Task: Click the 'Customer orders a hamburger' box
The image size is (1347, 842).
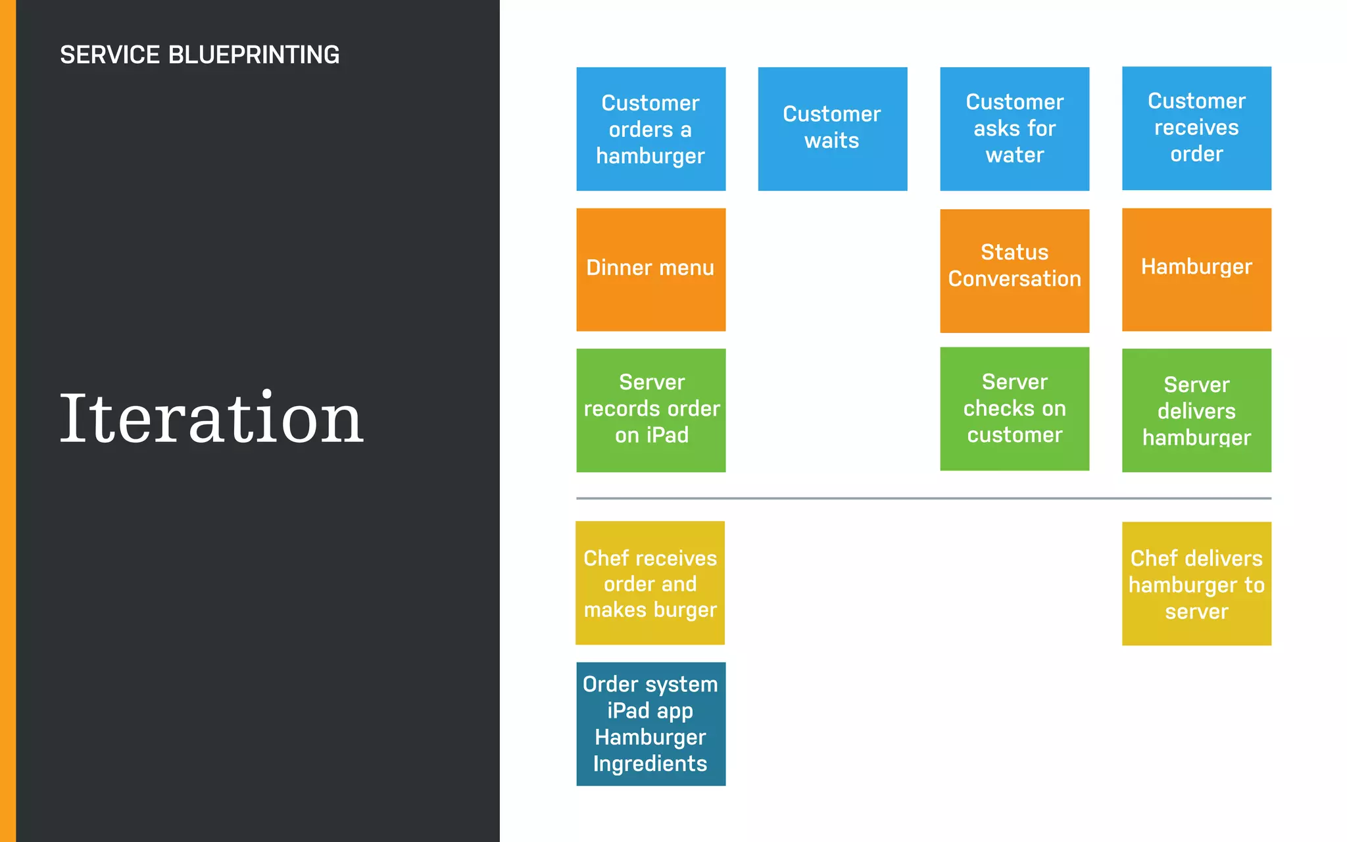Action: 650,129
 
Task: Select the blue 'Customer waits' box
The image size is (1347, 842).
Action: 832,129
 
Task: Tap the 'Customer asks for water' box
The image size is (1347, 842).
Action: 1014,129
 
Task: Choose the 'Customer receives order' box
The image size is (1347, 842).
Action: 1196,128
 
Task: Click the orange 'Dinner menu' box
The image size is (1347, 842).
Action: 650,270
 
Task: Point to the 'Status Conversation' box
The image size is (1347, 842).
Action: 1014,270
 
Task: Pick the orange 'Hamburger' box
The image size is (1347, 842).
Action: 1196,270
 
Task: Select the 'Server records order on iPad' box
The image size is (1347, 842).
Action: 650,410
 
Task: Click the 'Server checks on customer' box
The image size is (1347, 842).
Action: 1014,409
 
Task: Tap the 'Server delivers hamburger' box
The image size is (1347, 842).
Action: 1196,410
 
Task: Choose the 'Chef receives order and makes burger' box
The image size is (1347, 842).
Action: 650,583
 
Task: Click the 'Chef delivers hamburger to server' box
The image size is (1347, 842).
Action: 1196,583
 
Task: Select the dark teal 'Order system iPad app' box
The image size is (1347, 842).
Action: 650,724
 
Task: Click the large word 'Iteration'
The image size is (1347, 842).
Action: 211,418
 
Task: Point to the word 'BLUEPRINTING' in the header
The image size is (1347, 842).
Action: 254,55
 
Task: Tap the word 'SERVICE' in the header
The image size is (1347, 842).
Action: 110,55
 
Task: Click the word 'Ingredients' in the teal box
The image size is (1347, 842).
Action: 650,764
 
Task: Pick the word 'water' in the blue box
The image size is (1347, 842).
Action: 1014,155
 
